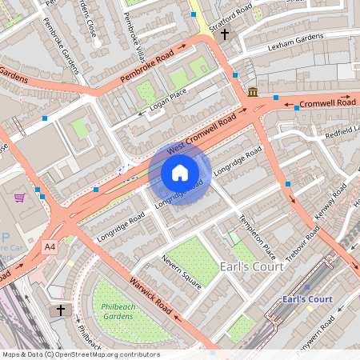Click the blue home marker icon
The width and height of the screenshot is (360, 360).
click(x=180, y=172)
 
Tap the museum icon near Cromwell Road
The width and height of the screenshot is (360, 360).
click(x=253, y=92)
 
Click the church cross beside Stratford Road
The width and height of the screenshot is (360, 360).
click(x=225, y=34)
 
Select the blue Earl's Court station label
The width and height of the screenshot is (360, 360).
click(x=307, y=299)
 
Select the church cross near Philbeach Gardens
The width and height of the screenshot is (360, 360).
click(x=60, y=310)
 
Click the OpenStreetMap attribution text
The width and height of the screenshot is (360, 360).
click(x=80, y=354)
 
